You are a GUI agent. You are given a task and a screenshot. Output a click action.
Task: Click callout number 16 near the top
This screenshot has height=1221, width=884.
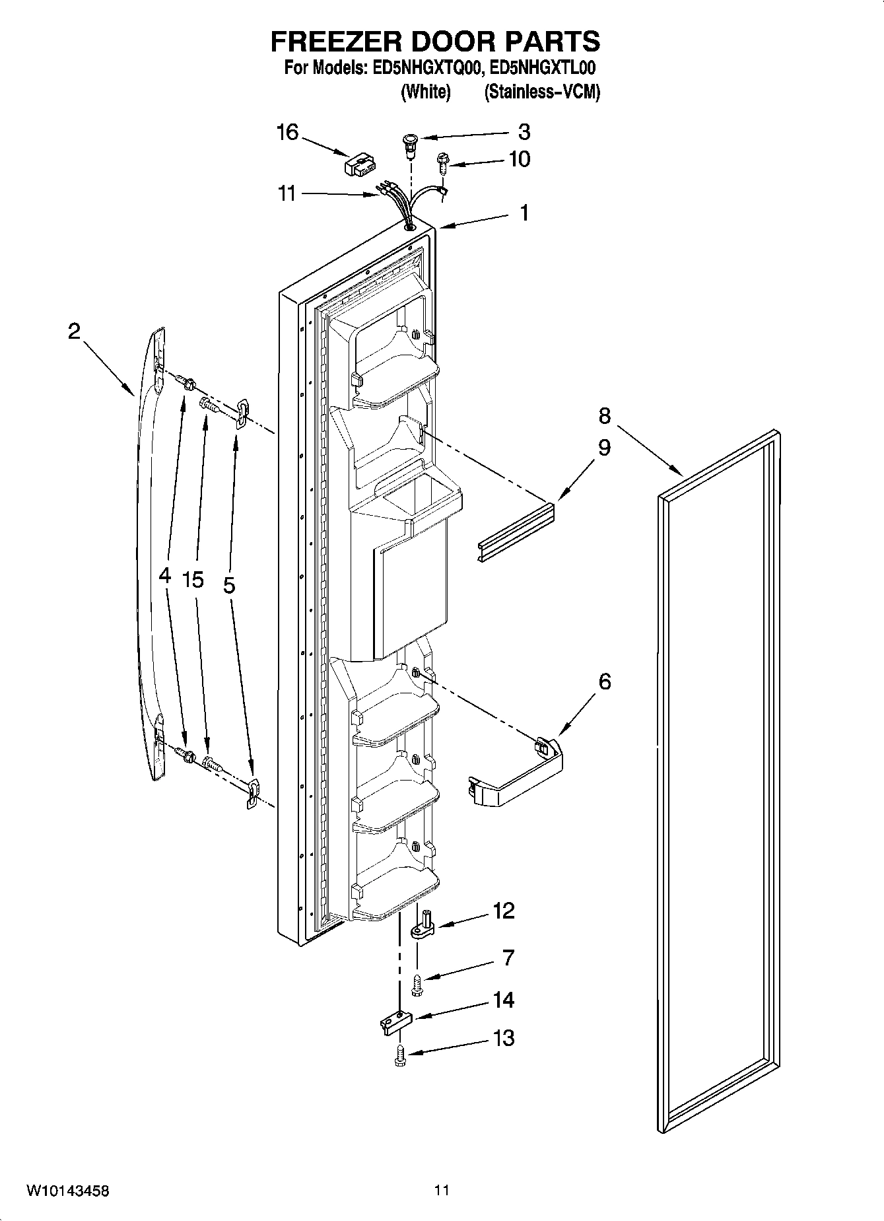(287, 132)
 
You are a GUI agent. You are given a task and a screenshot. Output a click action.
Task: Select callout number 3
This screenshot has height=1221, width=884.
(524, 132)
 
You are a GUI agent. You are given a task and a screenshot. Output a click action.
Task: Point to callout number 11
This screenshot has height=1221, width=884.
(287, 194)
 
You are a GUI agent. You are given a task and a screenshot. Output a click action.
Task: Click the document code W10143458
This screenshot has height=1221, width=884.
(67, 1191)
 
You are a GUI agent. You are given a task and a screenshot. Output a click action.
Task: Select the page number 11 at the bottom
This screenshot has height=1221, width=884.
(442, 1191)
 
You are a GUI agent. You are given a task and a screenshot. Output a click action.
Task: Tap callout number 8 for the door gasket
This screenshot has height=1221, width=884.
(605, 416)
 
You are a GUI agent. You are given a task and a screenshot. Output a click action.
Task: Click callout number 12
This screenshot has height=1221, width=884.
(504, 911)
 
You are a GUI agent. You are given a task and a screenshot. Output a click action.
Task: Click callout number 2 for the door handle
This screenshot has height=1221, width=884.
(74, 331)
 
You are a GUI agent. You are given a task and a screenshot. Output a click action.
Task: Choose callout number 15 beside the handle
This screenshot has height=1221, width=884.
(193, 580)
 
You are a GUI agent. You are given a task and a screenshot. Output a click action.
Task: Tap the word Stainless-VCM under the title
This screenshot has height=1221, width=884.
(542, 92)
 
